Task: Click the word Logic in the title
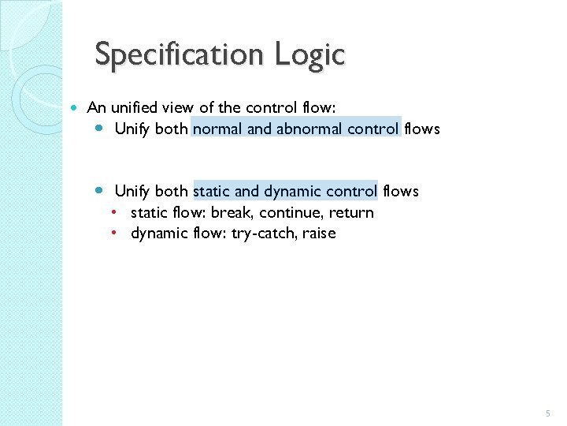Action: point(310,55)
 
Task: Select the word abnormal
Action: point(309,129)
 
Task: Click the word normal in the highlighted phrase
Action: point(217,129)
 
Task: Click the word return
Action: point(351,213)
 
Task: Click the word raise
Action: point(317,234)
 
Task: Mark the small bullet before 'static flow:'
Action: point(115,212)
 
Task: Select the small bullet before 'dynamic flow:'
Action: point(115,233)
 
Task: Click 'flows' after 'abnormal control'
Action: point(422,129)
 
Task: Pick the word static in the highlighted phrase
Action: point(211,191)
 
